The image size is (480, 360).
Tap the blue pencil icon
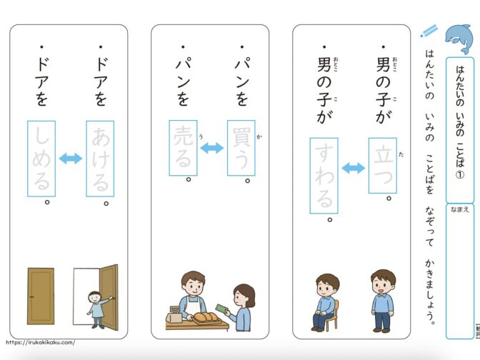click(429, 31)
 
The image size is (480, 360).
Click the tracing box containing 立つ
click(383, 166)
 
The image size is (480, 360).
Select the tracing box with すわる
click(324, 176)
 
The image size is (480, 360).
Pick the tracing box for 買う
click(241, 148)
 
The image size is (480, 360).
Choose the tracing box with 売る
click(183, 148)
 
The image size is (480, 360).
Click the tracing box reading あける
click(100, 159)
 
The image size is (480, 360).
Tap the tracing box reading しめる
click(41, 159)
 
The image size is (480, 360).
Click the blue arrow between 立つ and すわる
click(354, 168)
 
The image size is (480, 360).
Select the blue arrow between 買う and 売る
click(212, 148)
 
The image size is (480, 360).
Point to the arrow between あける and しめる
click(71, 159)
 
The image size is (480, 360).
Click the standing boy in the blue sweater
click(382, 301)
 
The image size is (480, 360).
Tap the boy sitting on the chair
click(326, 303)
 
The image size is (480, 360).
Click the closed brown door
click(41, 296)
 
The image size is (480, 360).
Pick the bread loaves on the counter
click(207, 317)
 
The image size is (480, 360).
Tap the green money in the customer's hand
click(221, 309)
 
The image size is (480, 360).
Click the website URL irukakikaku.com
click(40, 343)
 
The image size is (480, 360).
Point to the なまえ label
click(460, 209)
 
